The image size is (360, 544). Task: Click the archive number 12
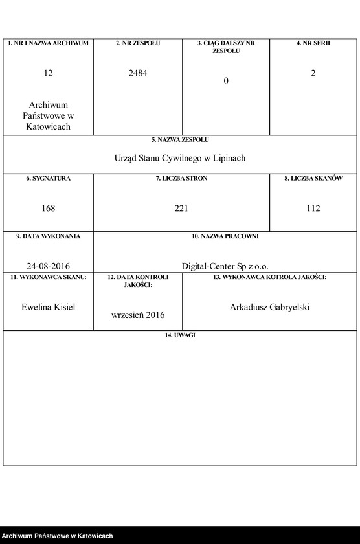click(49, 74)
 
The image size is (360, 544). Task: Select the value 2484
click(138, 73)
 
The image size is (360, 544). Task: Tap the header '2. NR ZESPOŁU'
click(138, 43)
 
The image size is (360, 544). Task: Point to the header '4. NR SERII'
click(313, 43)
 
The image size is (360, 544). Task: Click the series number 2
click(313, 73)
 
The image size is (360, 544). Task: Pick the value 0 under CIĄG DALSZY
click(226, 81)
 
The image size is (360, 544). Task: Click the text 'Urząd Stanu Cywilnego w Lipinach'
click(180, 158)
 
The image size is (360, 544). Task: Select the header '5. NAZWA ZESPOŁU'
click(180, 139)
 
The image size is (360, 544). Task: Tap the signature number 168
click(49, 209)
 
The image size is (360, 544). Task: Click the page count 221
click(181, 209)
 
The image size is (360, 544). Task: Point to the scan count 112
click(313, 209)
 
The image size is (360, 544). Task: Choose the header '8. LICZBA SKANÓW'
click(313, 178)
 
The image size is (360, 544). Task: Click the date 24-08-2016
click(49, 266)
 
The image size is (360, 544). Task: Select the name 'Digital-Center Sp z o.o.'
click(225, 266)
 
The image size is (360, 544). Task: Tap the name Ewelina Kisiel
click(49, 307)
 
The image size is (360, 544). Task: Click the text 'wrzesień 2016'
click(138, 315)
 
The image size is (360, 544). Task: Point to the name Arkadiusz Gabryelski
click(269, 307)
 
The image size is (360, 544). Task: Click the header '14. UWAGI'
click(180, 335)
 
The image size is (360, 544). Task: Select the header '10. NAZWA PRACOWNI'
click(225, 236)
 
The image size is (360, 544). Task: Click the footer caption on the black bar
click(58, 536)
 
